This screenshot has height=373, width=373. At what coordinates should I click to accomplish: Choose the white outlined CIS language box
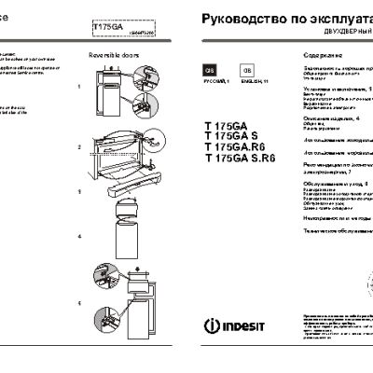point(246,71)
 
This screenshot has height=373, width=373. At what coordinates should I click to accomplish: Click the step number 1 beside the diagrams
point(81,86)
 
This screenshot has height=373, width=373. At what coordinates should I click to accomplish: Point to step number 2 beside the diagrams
point(81,147)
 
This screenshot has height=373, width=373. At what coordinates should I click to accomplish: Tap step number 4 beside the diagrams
point(81,236)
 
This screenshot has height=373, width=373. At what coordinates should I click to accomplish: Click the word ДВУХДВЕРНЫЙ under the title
point(328,31)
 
